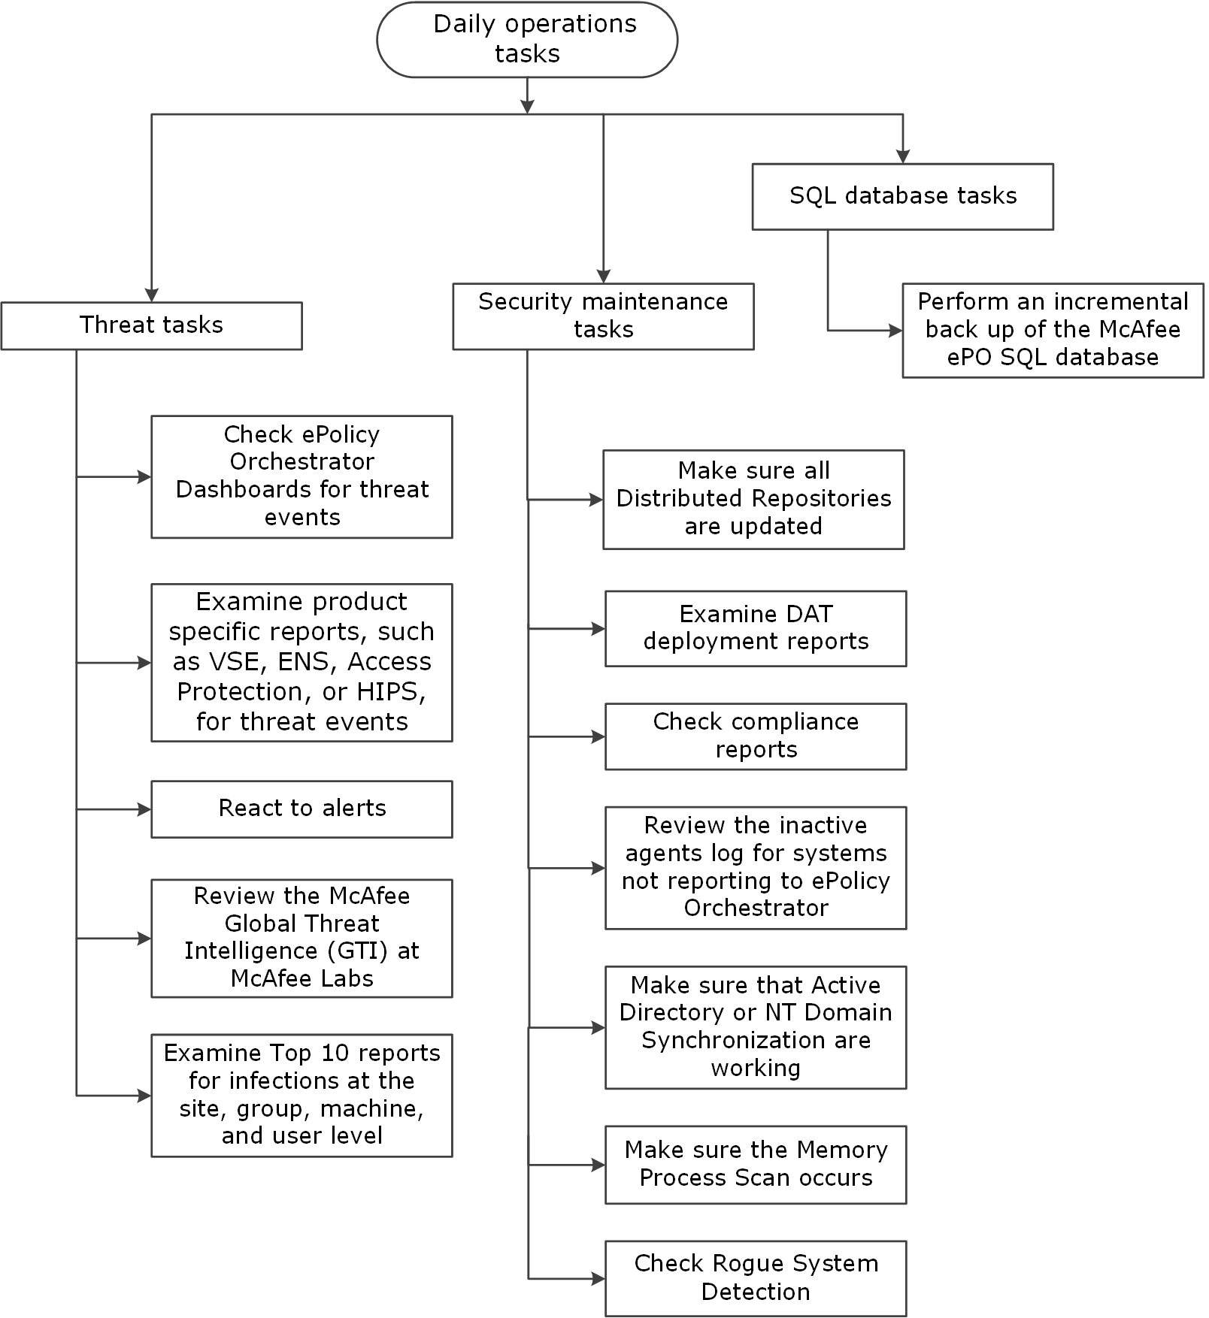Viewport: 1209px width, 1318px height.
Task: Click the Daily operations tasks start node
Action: (x=527, y=39)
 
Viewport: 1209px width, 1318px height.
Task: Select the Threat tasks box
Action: (x=152, y=325)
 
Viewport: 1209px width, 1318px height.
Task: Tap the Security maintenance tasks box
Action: (x=603, y=316)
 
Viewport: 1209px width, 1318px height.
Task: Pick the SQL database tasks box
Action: (x=903, y=196)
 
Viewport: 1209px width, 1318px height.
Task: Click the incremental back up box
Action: (x=1053, y=330)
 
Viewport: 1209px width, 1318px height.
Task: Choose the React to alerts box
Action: (x=302, y=809)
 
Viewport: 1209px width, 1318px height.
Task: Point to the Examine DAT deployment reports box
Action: (x=756, y=628)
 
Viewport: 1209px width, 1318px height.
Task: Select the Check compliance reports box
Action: (x=756, y=736)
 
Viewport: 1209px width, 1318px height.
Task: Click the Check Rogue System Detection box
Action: (x=756, y=1278)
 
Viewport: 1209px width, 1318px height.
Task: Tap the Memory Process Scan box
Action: (x=756, y=1165)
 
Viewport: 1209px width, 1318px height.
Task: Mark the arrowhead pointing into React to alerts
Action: (x=145, y=809)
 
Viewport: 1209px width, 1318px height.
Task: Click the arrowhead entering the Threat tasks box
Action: (x=152, y=295)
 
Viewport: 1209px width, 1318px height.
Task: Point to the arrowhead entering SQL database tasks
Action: (x=903, y=157)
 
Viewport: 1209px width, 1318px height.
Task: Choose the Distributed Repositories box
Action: (x=753, y=500)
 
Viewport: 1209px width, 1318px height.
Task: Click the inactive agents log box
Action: (x=756, y=868)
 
